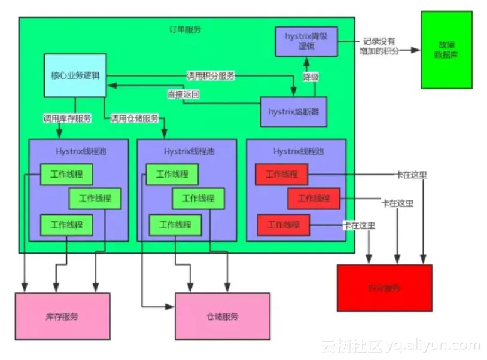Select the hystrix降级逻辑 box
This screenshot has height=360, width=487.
(x=306, y=42)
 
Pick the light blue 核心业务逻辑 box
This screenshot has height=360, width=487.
(x=75, y=75)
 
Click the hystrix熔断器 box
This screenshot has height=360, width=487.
(x=294, y=111)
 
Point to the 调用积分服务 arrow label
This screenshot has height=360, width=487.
(x=210, y=76)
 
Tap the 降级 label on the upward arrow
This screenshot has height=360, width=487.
(x=310, y=77)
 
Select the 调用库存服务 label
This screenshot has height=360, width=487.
(x=67, y=118)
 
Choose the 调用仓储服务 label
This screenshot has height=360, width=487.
(x=135, y=118)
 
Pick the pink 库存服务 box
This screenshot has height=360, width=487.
(x=62, y=316)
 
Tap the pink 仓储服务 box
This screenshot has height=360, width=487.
(x=222, y=316)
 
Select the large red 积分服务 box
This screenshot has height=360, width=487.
(x=384, y=288)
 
